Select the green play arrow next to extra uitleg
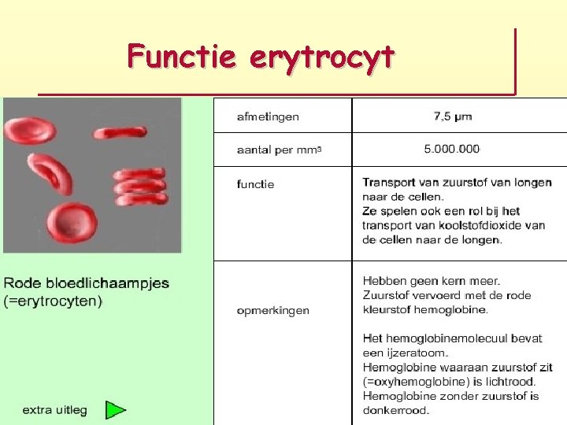(116, 410)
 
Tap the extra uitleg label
(54, 410)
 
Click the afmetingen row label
(268, 116)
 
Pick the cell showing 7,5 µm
(453, 116)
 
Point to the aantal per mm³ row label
(280, 149)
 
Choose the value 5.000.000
(451, 149)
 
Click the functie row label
(255, 184)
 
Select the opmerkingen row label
(273, 310)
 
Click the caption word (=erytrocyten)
(54, 301)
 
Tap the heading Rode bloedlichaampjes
(87, 283)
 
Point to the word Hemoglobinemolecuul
(436, 338)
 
